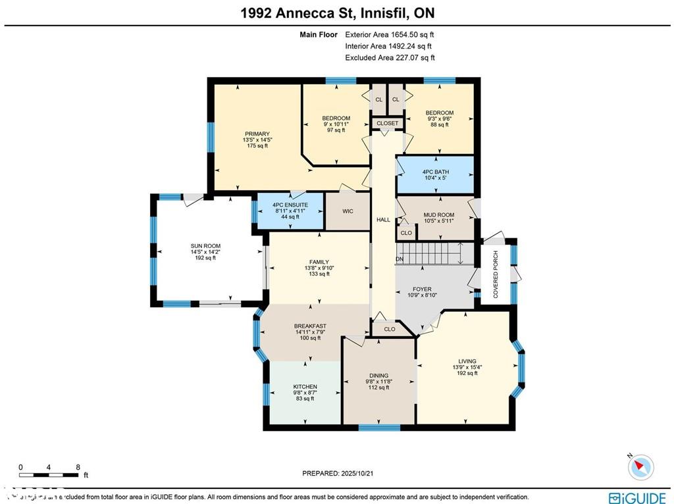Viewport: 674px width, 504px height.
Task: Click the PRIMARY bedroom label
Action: (x=257, y=134)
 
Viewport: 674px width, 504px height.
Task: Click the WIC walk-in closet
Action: (x=348, y=211)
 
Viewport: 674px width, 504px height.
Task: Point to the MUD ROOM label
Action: (x=438, y=214)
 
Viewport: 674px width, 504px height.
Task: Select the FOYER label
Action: (x=422, y=290)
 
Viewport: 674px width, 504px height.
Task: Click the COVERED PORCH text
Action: (x=496, y=274)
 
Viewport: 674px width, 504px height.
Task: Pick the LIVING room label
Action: (x=467, y=361)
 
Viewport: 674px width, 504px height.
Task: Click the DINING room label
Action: (x=378, y=376)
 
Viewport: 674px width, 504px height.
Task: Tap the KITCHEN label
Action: (x=305, y=387)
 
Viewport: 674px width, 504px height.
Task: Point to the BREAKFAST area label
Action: (x=310, y=326)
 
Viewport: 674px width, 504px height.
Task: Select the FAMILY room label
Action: (x=319, y=263)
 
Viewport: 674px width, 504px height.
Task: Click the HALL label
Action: (x=383, y=220)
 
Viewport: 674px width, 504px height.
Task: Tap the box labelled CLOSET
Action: (x=387, y=124)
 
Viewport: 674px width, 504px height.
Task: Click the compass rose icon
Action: (x=640, y=468)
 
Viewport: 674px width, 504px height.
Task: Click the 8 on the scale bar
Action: (x=78, y=467)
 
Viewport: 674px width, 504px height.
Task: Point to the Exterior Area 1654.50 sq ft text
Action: (x=389, y=34)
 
